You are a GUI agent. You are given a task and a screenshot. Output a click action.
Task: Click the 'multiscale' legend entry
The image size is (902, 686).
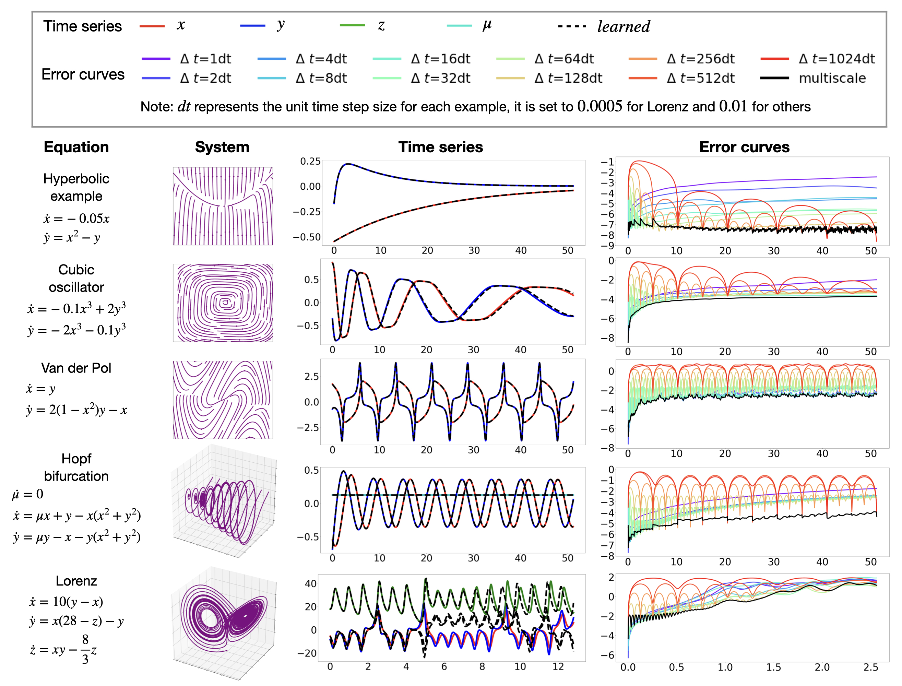832,78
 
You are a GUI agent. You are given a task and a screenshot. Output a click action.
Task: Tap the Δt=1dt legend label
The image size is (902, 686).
206,59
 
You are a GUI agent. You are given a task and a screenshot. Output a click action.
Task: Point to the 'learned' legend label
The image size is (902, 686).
624,26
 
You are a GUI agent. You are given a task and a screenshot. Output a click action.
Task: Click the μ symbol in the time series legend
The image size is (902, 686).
487,25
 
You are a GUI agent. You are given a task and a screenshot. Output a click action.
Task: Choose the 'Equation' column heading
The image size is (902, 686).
76,147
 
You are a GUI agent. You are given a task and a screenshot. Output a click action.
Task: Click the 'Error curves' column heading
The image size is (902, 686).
744,147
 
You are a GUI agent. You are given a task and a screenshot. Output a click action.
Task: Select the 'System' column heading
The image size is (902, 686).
222,147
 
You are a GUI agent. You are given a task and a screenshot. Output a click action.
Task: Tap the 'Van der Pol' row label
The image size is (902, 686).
76,368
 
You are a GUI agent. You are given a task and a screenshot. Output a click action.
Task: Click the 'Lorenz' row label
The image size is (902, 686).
76,581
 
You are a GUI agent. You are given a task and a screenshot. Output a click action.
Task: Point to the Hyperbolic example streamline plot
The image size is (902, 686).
223,206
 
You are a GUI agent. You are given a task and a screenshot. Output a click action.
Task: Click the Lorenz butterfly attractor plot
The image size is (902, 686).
223,621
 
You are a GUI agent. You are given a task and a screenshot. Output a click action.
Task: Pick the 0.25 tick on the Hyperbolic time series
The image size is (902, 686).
310,161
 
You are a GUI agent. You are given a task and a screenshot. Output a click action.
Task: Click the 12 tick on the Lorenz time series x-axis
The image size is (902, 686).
558,666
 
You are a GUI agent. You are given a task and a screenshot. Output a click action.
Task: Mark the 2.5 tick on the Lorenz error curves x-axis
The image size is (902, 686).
870,667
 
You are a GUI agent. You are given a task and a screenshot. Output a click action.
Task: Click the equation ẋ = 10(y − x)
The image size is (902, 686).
66,602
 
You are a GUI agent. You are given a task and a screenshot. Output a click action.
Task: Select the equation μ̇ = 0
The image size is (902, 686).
28,494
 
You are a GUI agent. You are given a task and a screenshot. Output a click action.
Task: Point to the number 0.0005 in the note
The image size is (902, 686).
600,107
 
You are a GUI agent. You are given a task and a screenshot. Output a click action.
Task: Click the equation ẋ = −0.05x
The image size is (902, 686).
76,218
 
